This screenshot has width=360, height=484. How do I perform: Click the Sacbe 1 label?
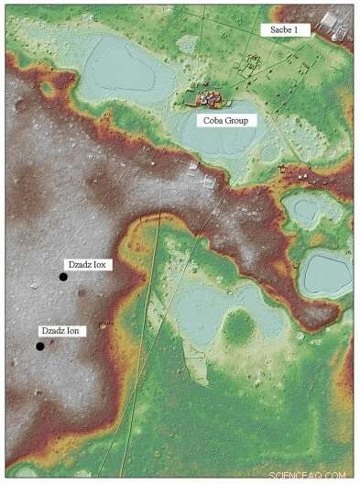pyautogui.click(x=287, y=30)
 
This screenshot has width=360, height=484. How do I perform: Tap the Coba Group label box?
pyautogui.click(x=227, y=119)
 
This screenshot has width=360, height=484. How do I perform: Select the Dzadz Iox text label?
pyautogui.click(x=87, y=264)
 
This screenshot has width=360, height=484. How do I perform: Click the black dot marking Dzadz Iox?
pyautogui.click(x=63, y=277)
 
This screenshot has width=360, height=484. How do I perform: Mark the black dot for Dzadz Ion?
pyautogui.click(x=40, y=346)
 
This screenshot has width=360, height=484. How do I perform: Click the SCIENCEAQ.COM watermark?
pyautogui.click(x=308, y=475)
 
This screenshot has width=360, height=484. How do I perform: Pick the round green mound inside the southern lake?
pyautogui.click(x=239, y=324)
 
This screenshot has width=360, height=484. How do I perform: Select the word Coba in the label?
pyautogui.click(x=213, y=119)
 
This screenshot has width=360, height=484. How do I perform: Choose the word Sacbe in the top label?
pyautogui.click(x=281, y=30)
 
